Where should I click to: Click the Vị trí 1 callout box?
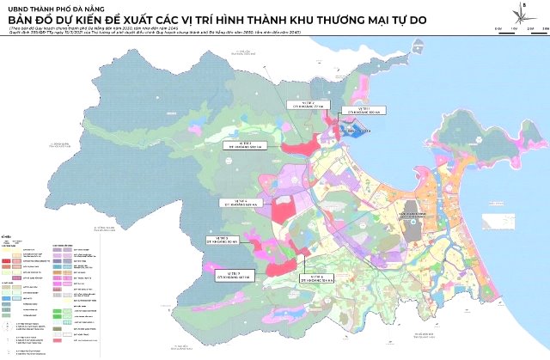(x=354, y=112)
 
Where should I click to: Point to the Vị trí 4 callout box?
(x=236, y=202)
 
